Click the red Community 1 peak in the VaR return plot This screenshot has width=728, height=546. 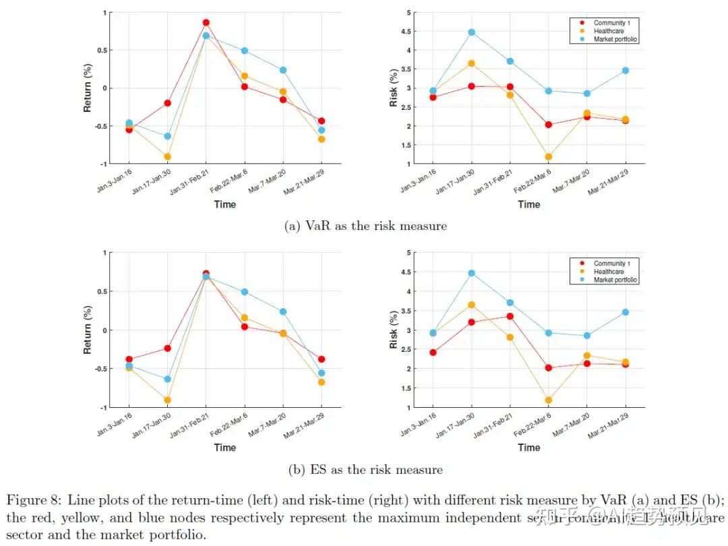206,22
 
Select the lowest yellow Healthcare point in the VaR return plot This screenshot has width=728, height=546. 168,156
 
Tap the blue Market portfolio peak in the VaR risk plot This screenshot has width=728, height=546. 472,32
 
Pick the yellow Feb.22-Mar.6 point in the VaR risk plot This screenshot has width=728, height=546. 549,157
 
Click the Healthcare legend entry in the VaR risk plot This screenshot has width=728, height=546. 607,31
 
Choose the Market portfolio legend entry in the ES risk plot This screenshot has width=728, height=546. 615,279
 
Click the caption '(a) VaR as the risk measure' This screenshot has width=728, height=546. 365,226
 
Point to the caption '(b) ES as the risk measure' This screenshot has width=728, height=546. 365,469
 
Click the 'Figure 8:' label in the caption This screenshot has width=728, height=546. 31,499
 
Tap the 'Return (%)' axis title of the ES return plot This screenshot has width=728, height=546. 87,330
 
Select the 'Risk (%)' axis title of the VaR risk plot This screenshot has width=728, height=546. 394,88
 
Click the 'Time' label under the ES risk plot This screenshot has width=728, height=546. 529,447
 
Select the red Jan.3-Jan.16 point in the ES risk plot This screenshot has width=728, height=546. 433,353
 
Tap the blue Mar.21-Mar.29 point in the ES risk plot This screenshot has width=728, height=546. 626,312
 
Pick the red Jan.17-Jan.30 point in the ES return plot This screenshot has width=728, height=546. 168,348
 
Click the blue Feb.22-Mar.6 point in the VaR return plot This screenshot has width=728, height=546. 245,51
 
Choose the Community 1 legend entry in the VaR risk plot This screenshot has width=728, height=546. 611,23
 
